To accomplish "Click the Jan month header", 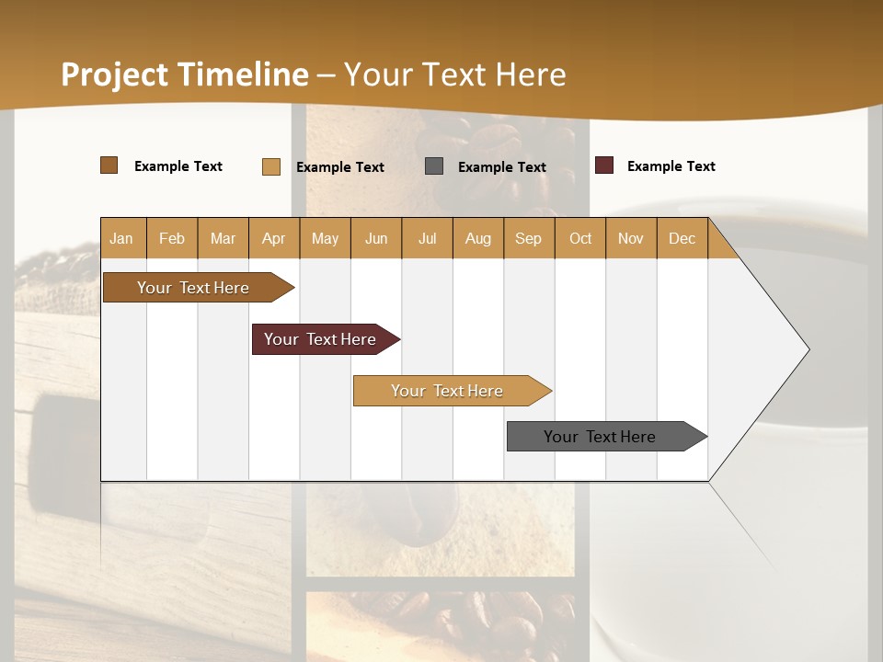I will [121, 238].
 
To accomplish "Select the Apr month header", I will [273, 238].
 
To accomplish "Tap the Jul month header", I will [427, 238].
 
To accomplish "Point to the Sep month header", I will [528, 238].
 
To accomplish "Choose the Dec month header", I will [682, 238].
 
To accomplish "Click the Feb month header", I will [172, 238].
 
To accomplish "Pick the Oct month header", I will [580, 238].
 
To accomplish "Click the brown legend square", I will [109, 165].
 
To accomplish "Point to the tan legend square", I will [271, 166].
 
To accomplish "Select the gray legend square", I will [434, 166].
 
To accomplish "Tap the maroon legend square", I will [604, 165].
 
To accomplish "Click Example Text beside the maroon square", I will [671, 166].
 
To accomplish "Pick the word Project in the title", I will [115, 74].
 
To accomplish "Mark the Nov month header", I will [630, 238].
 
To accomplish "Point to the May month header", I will [325, 238].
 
